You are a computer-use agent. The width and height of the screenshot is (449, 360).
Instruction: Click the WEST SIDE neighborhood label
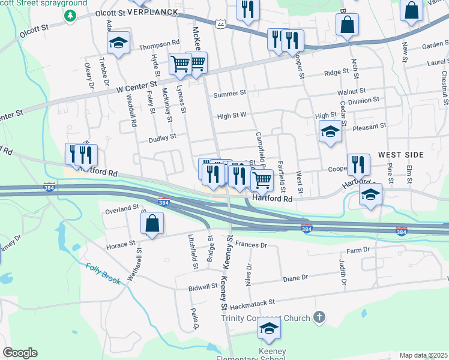point(401,155)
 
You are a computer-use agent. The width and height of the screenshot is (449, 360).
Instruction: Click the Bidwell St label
point(202,286)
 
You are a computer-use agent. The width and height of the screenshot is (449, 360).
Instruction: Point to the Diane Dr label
point(295,278)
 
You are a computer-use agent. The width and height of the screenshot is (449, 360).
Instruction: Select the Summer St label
point(230,94)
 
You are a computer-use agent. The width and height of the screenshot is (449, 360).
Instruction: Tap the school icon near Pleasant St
point(330,132)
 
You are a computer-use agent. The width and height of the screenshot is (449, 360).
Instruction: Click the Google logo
point(20,353)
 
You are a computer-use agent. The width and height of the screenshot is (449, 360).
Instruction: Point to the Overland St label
point(122,209)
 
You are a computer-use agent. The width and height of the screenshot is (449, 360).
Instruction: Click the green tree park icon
point(70,14)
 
